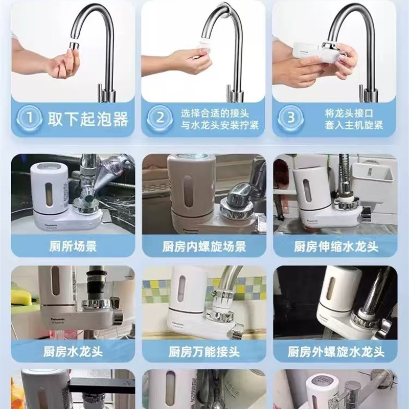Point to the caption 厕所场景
point(74,246)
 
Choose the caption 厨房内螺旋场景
point(204,246)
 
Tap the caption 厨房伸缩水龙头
point(335,246)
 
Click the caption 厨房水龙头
point(74,352)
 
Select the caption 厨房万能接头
point(204,352)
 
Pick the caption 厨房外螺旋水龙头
point(335,352)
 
